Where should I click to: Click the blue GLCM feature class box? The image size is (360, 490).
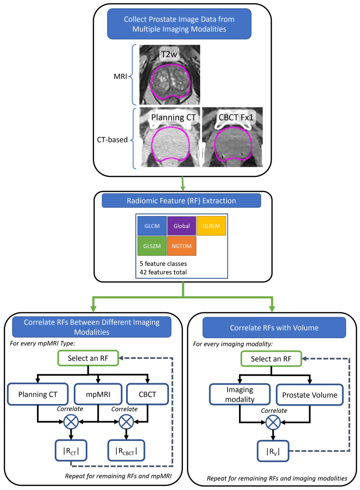[x=152, y=226]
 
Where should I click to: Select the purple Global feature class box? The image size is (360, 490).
[x=182, y=226]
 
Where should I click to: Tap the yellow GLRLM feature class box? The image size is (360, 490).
[x=211, y=226]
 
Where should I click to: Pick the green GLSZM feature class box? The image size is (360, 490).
[x=152, y=246]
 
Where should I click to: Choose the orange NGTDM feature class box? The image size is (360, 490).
[x=182, y=246]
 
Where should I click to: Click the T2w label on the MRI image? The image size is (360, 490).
[x=169, y=54]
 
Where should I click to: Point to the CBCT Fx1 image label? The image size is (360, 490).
[x=236, y=118]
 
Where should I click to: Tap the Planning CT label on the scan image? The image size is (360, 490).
[x=174, y=118]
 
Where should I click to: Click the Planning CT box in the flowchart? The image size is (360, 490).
[x=38, y=394]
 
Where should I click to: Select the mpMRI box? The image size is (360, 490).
[x=98, y=394]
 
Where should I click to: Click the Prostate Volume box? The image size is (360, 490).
[x=310, y=395]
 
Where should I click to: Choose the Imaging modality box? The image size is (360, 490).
[x=240, y=394]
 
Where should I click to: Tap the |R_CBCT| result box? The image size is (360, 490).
[x=126, y=451]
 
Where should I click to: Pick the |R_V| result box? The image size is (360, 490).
[x=273, y=451]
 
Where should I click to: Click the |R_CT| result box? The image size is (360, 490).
[x=71, y=451]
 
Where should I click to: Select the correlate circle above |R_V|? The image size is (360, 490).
[x=273, y=423]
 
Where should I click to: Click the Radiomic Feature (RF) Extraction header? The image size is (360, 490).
[x=181, y=201]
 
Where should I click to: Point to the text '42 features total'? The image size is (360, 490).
[x=163, y=272]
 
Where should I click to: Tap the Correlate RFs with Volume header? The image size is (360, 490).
[x=274, y=328]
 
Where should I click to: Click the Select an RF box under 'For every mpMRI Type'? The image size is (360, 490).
[x=88, y=358]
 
